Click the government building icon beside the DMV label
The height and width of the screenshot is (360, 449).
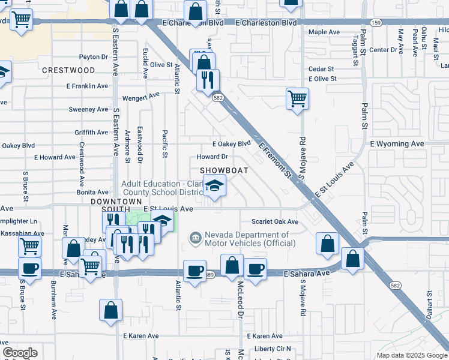coord(194,239)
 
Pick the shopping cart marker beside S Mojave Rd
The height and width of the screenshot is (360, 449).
coord(297,98)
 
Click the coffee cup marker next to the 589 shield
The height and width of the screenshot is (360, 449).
coord(194,271)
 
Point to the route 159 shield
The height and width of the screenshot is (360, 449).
coord(376,23)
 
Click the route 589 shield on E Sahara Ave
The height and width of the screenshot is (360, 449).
coord(209,275)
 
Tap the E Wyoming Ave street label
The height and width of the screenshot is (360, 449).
coord(397,144)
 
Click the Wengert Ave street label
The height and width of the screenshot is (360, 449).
coord(140,96)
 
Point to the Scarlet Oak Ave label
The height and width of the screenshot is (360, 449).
coord(275,221)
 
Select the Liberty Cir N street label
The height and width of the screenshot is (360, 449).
coord(273,349)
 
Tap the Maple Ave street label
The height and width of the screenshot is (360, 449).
coord(324,32)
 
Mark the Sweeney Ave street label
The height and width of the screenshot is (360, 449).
coord(88,109)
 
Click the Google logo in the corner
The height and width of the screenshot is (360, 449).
coord(20,353)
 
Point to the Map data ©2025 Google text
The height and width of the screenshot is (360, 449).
coord(412,355)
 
